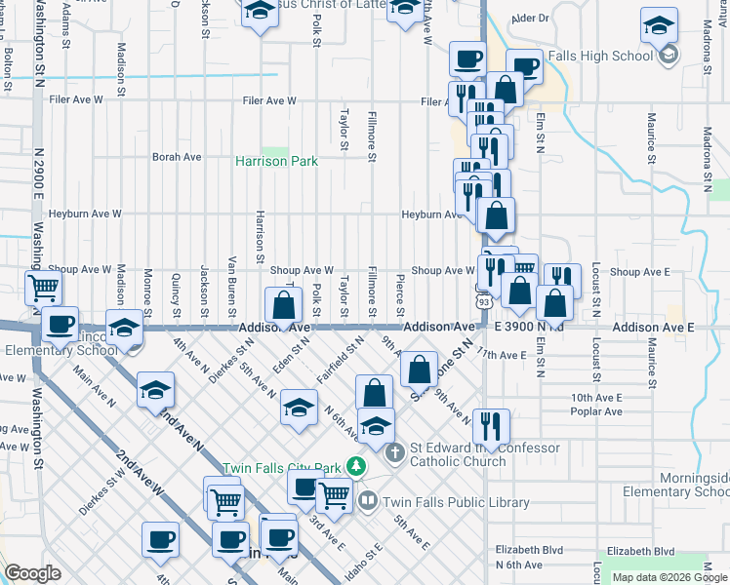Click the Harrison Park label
(x=276, y=161)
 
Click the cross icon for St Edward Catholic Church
(x=394, y=452)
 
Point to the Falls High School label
(x=601, y=56)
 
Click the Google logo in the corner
(x=32, y=573)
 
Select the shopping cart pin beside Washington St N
(x=43, y=288)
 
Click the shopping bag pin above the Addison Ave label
(x=282, y=305)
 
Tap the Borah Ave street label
(x=177, y=156)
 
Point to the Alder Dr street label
(x=530, y=18)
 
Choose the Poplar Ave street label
(x=596, y=411)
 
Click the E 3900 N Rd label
(x=528, y=328)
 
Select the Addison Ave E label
(x=653, y=329)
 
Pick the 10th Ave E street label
(x=596, y=398)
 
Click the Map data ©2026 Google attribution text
(x=669, y=577)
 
